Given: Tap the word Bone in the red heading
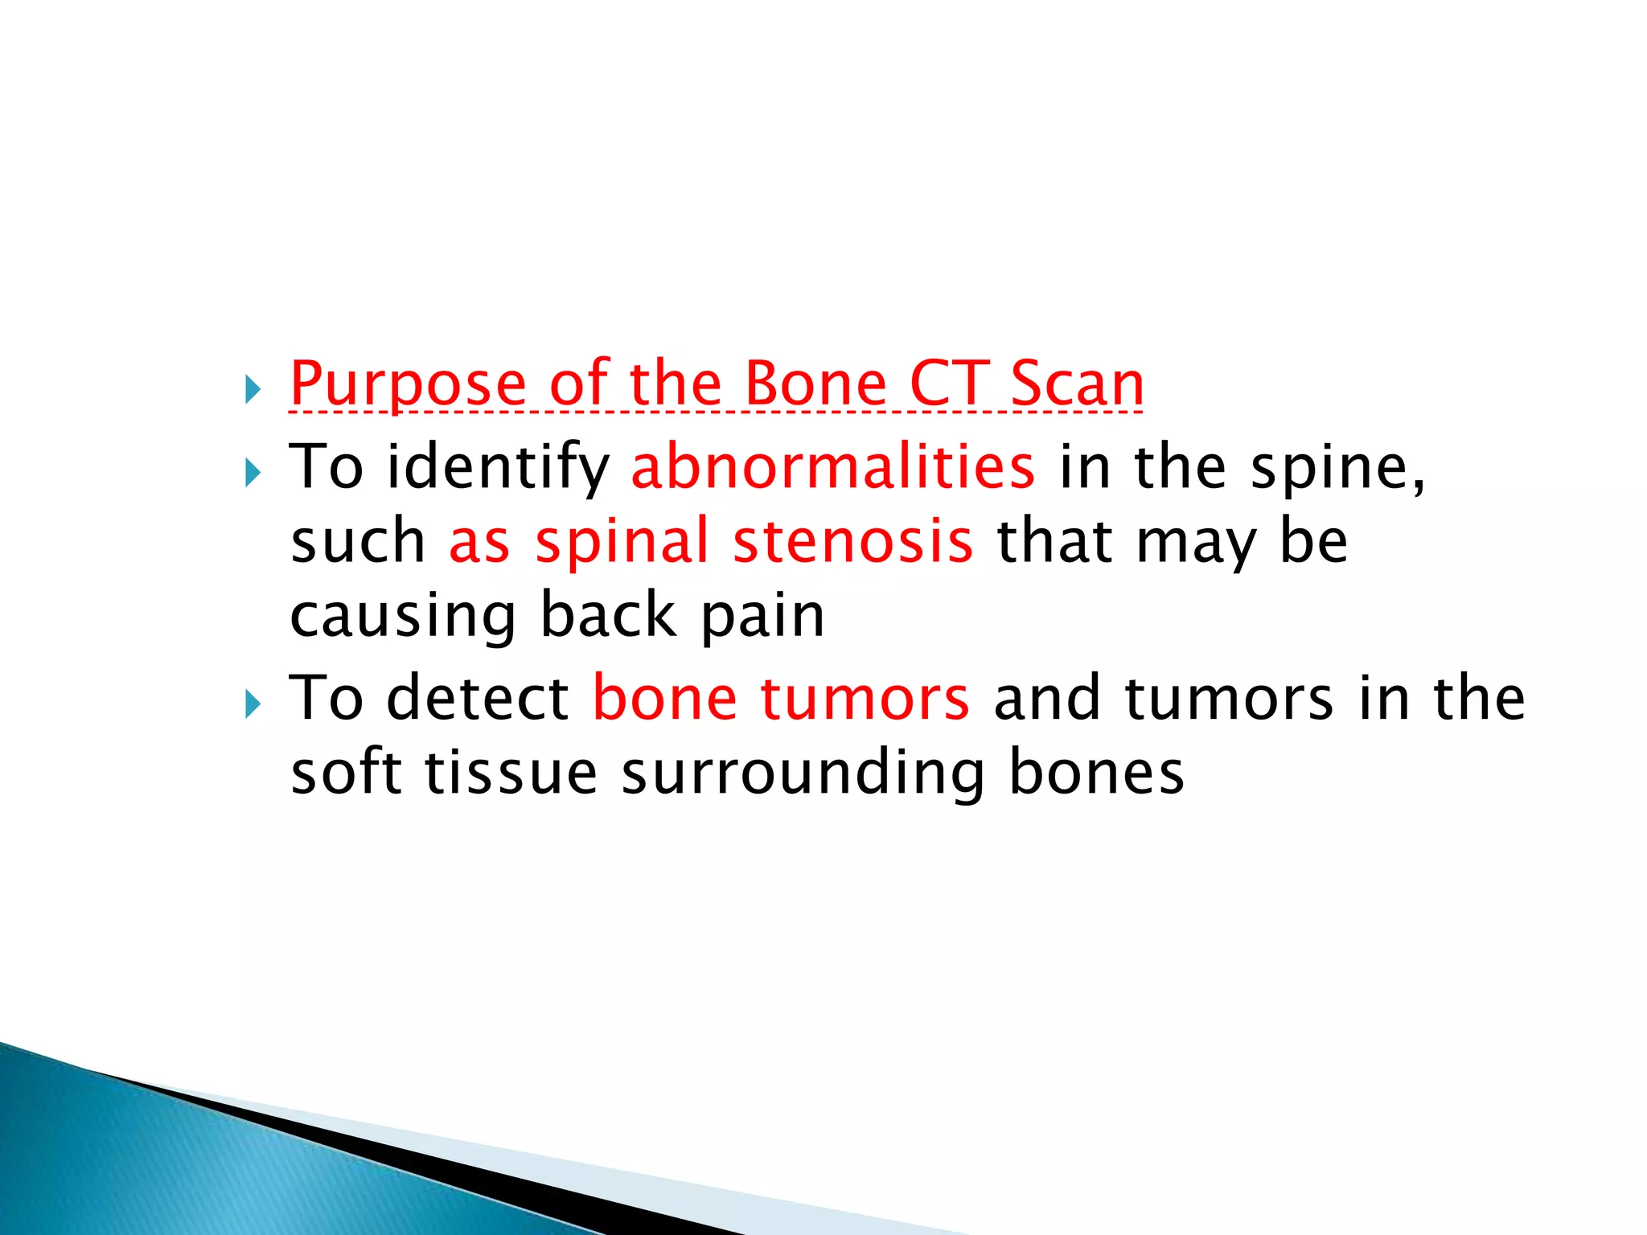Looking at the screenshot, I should click(x=815, y=384).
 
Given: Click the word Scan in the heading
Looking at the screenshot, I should click(x=1077, y=384).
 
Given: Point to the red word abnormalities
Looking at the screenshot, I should click(x=833, y=467).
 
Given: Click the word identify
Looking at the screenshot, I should click(x=499, y=469).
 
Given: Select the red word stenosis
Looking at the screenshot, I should click(x=853, y=541).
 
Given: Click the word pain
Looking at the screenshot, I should click(x=763, y=617).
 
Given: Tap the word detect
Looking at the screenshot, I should click(x=478, y=697).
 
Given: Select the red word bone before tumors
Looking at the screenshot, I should click(x=665, y=697).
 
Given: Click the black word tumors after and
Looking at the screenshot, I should click(x=1230, y=697).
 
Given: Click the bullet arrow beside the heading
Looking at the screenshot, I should click(x=253, y=391).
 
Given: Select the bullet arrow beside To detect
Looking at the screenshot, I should click(x=253, y=705).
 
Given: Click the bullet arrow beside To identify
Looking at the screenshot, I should click(x=253, y=474).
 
